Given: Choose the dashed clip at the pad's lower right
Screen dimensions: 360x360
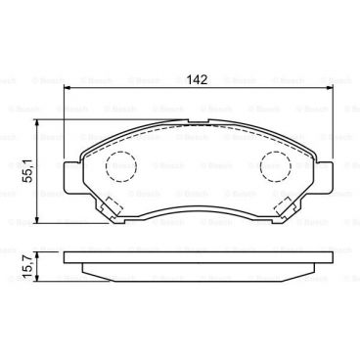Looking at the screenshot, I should [x=289, y=206].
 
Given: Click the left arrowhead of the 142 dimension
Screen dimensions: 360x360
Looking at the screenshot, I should [x=68, y=89].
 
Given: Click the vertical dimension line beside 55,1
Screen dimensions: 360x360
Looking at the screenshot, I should [x=38, y=186].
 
